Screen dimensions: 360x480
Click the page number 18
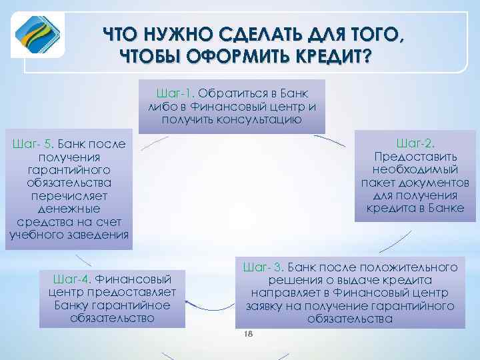pos(250,333)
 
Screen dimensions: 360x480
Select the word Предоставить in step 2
pos(415,157)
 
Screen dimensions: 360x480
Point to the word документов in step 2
pos(439,183)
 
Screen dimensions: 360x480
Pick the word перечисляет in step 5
pos(69,196)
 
